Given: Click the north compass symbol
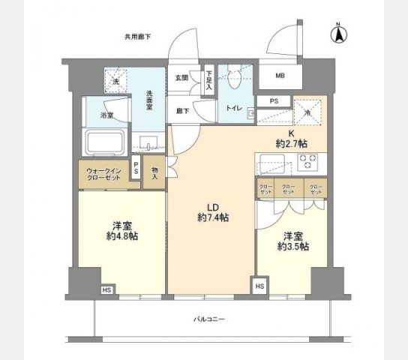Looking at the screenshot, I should tap(338, 34).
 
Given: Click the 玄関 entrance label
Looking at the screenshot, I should tap(182, 78).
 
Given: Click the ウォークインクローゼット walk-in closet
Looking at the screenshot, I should tap(102, 175).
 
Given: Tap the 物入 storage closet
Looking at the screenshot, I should tap(154, 173).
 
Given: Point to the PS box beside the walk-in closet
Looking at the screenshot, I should tap(135, 169).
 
